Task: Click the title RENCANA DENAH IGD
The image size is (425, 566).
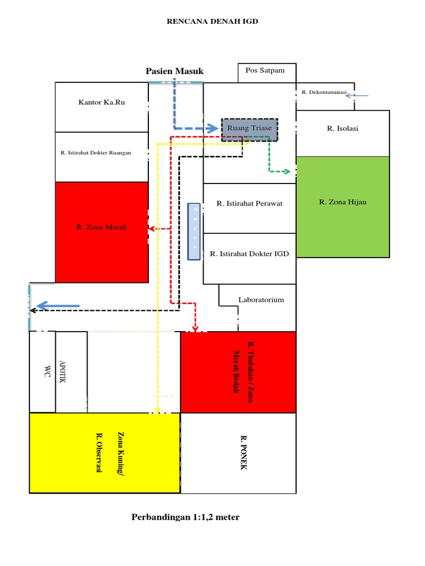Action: (x=213, y=22)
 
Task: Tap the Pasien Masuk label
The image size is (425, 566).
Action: (x=175, y=71)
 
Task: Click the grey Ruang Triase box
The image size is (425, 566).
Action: (x=250, y=128)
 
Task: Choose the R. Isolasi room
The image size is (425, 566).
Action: (x=343, y=129)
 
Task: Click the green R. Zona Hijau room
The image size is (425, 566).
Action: (x=343, y=202)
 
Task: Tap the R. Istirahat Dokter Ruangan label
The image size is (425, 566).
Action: (x=96, y=153)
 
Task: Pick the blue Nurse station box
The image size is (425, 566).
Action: (x=194, y=232)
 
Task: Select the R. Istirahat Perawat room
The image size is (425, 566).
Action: (x=250, y=203)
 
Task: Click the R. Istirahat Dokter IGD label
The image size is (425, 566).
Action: (x=250, y=254)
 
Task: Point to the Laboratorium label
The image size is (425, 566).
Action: (x=261, y=300)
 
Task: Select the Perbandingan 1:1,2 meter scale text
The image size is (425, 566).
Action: (x=185, y=517)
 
